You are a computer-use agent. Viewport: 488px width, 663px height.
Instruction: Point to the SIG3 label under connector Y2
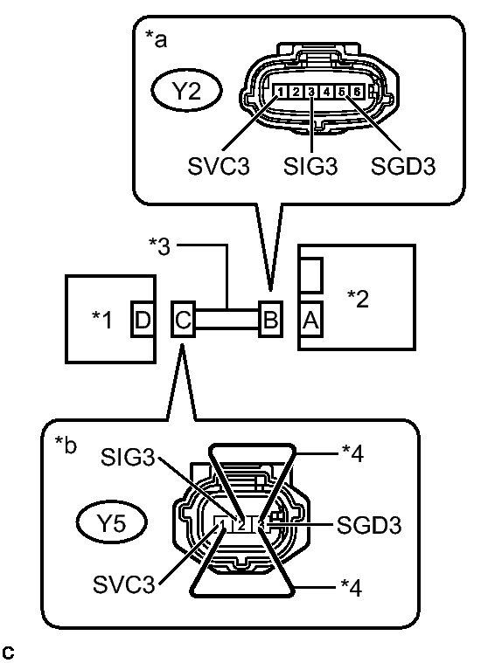[311, 166]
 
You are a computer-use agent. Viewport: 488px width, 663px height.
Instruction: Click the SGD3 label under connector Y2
[401, 166]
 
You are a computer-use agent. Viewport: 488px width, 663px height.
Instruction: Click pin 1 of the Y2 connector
[278, 92]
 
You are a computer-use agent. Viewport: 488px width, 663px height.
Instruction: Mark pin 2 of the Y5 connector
[241, 525]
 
